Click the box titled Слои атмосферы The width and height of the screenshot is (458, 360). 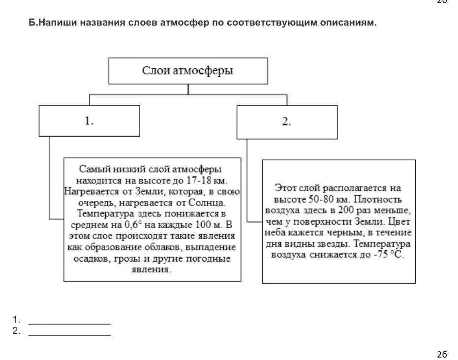(x=188, y=70)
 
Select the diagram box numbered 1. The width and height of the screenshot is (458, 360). (x=89, y=121)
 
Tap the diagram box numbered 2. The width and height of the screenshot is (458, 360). (x=287, y=122)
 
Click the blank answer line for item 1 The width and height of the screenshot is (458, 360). (x=69, y=323)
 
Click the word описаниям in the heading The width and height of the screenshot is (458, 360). (x=350, y=23)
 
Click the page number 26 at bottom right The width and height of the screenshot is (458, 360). (x=441, y=354)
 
